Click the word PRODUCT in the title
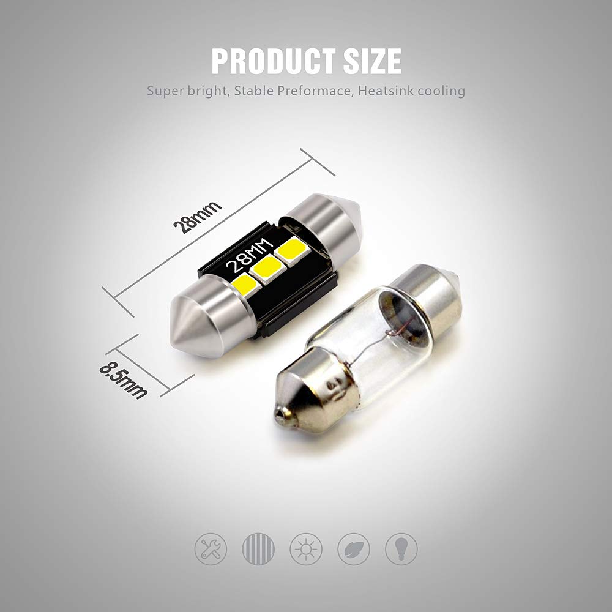pyautogui.click(x=273, y=61)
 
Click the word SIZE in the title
pyautogui.click(x=372, y=61)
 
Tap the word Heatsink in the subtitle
pyautogui.click(x=386, y=91)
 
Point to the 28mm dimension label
pyautogui.click(x=197, y=217)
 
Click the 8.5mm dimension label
pyautogui.click(x=123, y=379)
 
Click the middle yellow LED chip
pyautogui.click(x=267, y=269)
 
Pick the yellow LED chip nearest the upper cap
pyautogui.click(x=293, y=252)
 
